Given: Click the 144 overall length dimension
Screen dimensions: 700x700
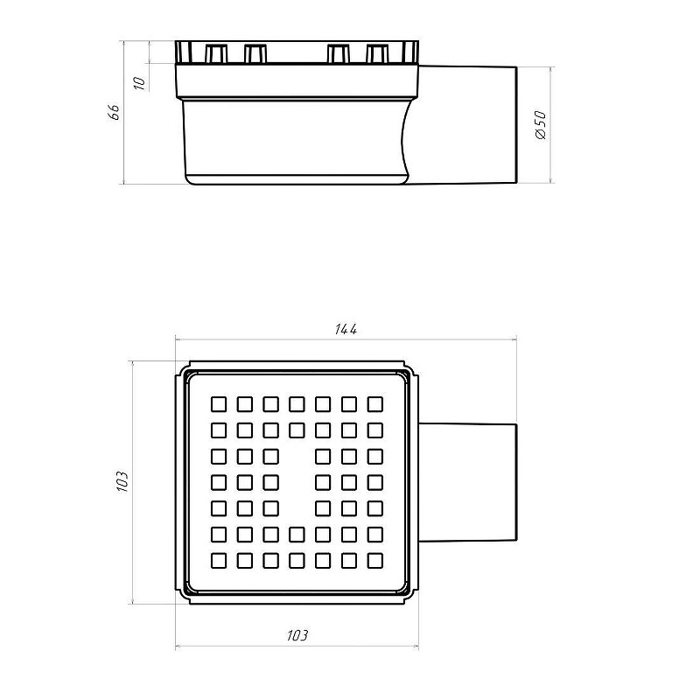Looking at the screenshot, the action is (x=346, y=330).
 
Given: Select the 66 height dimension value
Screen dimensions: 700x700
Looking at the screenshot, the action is (x=114, y=112).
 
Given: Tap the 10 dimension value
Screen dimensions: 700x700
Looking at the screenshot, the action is (x=140, y=83).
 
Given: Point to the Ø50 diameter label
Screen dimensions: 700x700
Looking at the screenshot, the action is (x=540, y=125).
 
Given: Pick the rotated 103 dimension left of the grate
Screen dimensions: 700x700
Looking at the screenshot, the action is (x=122, y=481).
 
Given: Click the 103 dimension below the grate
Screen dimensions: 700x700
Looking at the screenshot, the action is (x=297, y=635).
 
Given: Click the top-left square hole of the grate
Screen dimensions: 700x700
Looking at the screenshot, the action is (x=218, y=404).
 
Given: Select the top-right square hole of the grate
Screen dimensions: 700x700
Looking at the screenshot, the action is (x=375, y=404).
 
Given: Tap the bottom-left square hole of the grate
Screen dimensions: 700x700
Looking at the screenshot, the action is (x=218, y=561).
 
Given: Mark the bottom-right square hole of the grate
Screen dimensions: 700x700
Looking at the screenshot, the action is (x=375, y=561).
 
